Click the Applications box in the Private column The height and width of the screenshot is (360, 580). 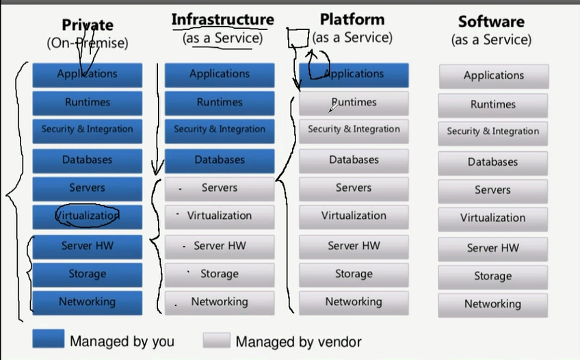pyautogui.click(x=88, y=74)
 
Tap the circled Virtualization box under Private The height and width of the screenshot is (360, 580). pyautogui.click(x=88, y=216)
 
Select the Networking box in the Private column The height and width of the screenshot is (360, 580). pyautogui.click(x=88, y=302)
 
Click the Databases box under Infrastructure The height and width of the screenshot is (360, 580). pyautogui.click(x=220, y=159)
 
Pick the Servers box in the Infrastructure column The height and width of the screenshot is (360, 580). pyautogui.click(x=220, y=188)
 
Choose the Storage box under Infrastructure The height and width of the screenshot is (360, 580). pyautogui.click(x=220, y=274)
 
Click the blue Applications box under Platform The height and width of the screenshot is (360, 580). pyautogui.click(x=354, y=74)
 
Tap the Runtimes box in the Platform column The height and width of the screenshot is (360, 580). pyautogui.click(x=354, y=103)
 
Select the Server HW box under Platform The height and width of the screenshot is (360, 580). pyautogui.click(x=354, y=246)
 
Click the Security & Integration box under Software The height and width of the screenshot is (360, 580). pyautogui.click(x=493, y=131)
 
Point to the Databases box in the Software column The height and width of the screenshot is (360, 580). pyautogui.click(x=493, y=162)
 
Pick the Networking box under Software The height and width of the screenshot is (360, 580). pyautogui.click(x=493, y=304)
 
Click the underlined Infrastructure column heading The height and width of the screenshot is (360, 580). pyautogui.click(x=222, y=20)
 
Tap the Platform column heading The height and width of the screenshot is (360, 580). pyautogui.click(x=352, y=20)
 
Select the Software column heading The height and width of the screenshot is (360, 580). pyautogui.click(x=491, y=22)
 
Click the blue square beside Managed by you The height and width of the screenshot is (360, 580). pyautogui.click(x=48, y=339)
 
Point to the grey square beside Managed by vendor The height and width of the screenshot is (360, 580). pyautogui.click(x=216, y=339)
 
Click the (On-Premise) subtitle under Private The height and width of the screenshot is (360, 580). pyautogui.click(x=88, y=42)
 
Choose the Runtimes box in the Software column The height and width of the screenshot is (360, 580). pyautogui.click(x=493, y=105)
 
